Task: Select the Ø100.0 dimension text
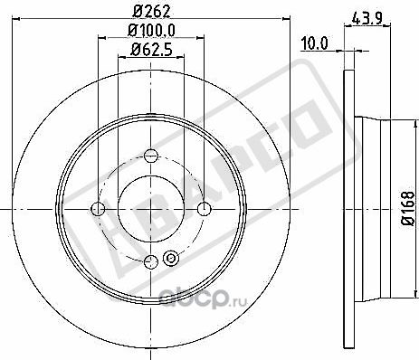[151, 33]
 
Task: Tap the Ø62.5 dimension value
[151, 50]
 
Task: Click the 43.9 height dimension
[364, 17]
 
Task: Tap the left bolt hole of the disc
[100, 210]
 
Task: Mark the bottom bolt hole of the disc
[151, 262]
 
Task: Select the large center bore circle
[151, 209]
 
